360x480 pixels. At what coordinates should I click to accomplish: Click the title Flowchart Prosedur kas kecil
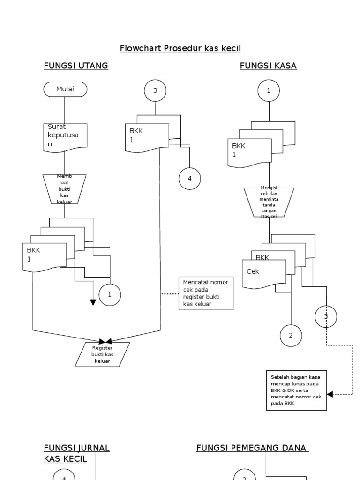tap(180, 48)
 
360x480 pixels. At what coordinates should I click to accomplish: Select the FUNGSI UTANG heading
tap(76, 66)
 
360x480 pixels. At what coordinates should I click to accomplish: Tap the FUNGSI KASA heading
tap(268, 66)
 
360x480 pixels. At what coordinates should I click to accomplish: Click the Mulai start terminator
tap(65, 90)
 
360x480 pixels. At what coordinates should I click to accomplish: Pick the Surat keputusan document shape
tap(65, 137)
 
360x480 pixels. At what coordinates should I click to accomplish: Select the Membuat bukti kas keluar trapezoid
tap(65, 189)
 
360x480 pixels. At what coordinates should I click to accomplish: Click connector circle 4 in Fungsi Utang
tap(189, 179)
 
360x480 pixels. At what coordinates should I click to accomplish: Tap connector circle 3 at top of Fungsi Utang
tap(155, 91)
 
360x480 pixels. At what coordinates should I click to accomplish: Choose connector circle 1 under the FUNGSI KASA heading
tap(269, 91)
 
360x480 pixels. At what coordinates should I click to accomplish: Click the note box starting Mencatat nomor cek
tap(206, 293)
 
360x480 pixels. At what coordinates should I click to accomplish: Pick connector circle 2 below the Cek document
tap(291, 335)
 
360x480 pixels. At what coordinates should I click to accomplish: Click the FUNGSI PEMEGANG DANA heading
tap(252, 448)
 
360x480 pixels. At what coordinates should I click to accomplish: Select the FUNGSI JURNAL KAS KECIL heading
tap(76, 453)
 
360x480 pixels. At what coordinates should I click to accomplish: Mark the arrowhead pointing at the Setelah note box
tap(330, 394)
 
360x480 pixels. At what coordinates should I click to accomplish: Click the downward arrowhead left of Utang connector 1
tap(93, 302)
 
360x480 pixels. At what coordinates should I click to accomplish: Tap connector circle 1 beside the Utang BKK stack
tap(110, 295)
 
